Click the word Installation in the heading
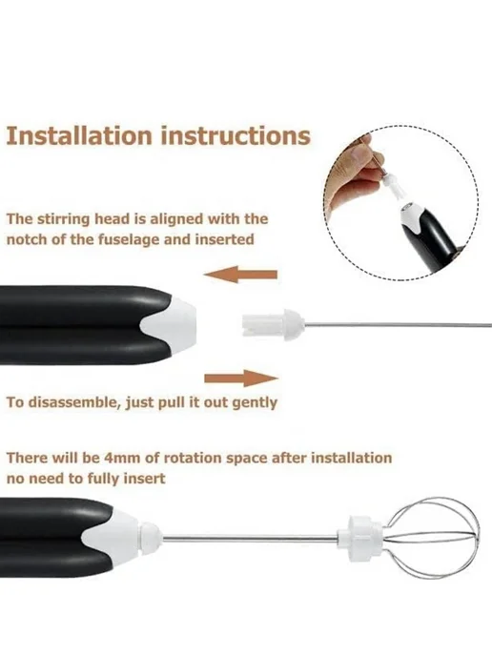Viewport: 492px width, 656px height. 78,135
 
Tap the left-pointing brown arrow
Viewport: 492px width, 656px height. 240,275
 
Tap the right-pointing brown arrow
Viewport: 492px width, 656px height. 241,379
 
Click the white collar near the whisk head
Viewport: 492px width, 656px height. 359,531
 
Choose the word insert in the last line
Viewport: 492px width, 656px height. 147,479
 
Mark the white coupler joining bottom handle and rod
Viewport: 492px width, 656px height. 151,537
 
